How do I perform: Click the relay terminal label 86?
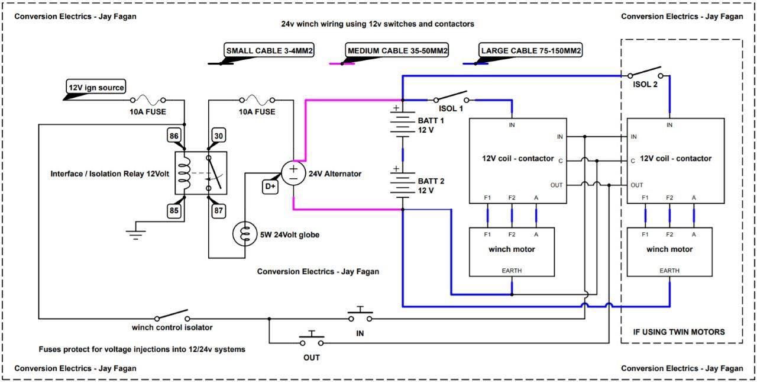tap(174, 136)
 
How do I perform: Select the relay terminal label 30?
tap(219, 136)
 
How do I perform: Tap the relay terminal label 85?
tap(174, 210)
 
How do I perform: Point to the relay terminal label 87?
tap(219, 210)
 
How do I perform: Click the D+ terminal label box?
tap(270, 187)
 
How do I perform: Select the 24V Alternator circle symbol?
tap(293, 174)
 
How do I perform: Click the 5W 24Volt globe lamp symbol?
tap(245, 234)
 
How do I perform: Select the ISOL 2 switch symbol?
tap(645, 72)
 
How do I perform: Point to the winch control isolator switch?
tap(172, 315)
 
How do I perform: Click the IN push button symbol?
tap(360, 314)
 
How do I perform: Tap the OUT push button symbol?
tap(312, 338)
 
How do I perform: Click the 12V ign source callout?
tap(96, 87)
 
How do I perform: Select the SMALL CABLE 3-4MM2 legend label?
tap(269, 50)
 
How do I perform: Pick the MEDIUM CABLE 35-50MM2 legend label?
tap(397, 50)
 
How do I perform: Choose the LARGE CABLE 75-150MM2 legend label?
tap(530, 50)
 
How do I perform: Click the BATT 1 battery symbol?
tap(403, 124)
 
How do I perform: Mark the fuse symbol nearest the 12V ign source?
tap(148, 100)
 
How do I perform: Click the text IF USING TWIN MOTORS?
tap(679, 332)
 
